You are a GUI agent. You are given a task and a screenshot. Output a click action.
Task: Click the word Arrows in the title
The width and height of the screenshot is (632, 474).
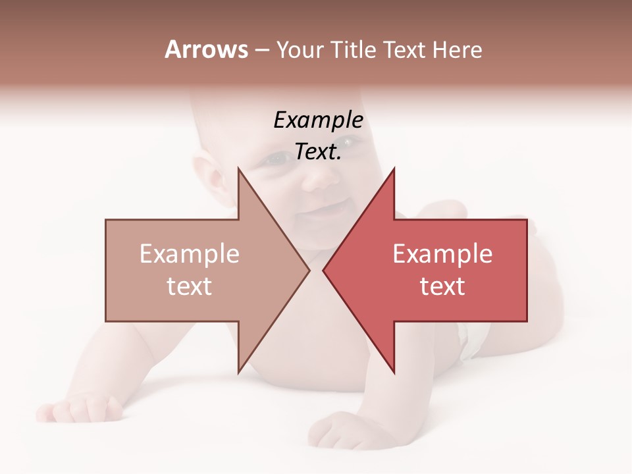[206, 49]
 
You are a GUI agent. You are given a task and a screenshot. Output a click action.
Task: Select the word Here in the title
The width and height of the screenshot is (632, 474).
[458, 50]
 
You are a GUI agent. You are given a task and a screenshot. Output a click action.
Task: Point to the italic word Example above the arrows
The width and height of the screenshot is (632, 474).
[318, 120]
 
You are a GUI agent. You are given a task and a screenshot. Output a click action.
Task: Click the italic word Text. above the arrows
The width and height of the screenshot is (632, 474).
[318, 152]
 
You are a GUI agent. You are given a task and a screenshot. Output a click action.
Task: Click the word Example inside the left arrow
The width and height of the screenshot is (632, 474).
[190, 254]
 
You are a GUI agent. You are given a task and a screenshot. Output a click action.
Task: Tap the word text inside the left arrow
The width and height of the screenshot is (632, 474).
[190, 286]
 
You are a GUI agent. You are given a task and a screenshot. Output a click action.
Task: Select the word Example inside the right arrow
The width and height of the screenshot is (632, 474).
[442, 254]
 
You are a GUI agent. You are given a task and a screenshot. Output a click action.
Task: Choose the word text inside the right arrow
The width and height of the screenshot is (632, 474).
[442, 286]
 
